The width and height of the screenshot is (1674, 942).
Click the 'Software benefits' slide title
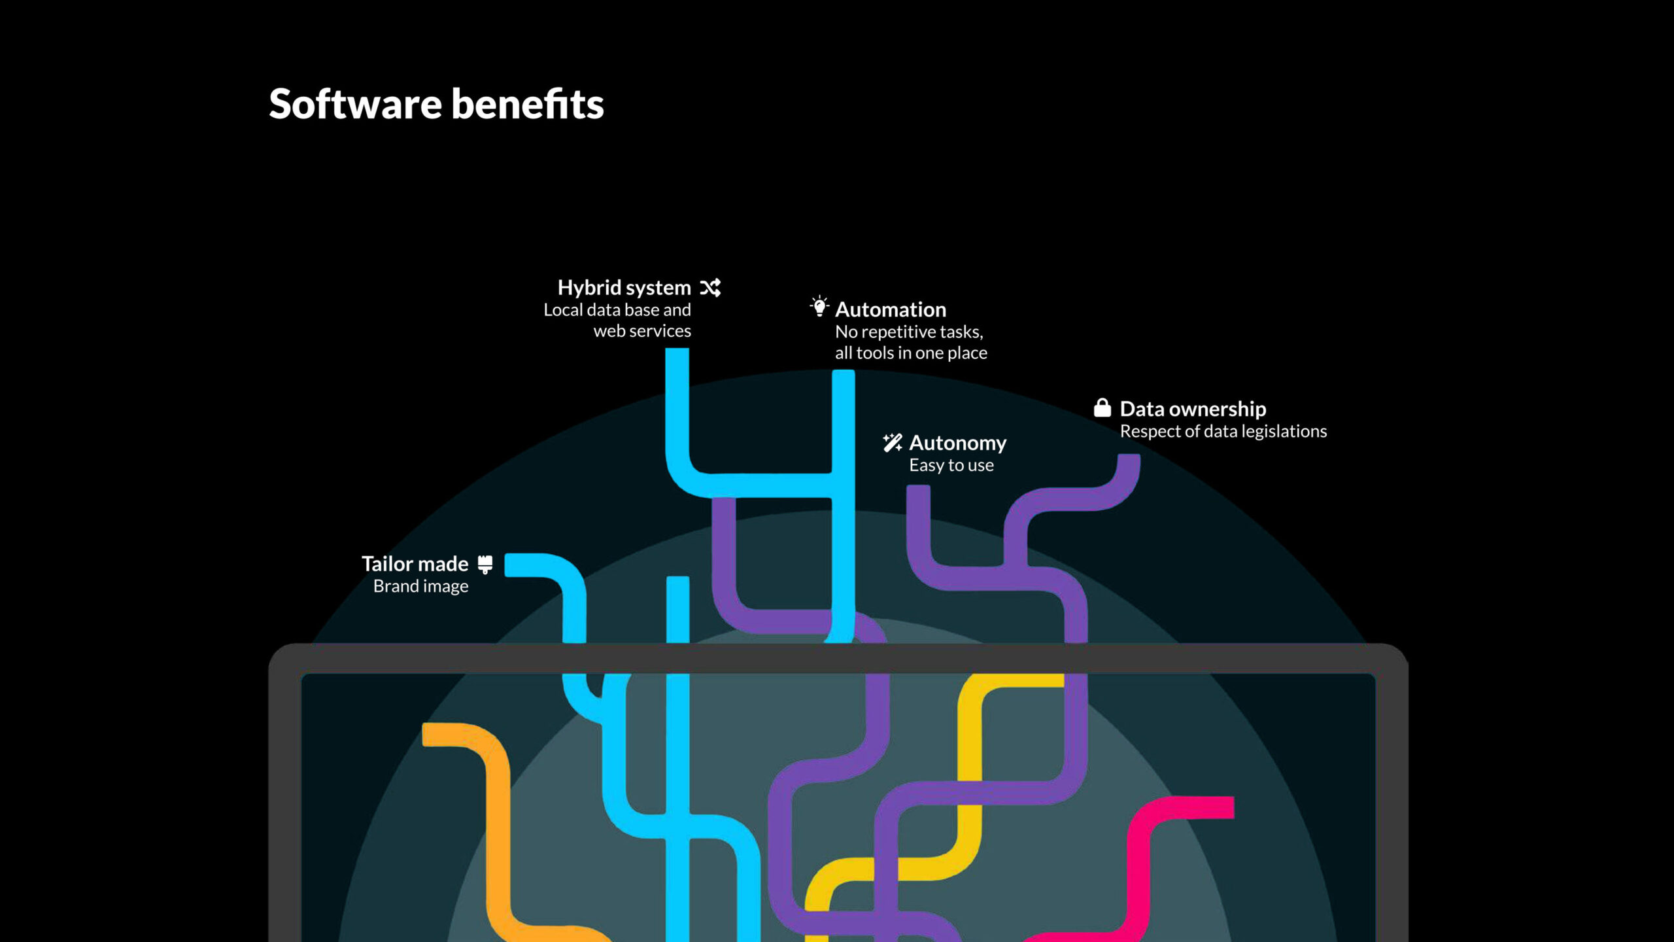point(436,104)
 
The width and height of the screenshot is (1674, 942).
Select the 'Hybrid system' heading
point(624,288)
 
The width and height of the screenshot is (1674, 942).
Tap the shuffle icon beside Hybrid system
point(710,288)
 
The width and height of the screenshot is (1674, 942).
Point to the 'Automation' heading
point(891,309)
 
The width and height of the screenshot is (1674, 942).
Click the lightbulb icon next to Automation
point(819,306)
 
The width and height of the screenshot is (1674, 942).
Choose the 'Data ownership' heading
point(1193,410)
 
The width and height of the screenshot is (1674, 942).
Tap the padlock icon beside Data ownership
point(1102,408)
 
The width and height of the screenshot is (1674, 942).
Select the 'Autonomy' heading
point(958,444)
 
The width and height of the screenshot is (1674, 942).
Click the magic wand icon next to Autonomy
point(893,443)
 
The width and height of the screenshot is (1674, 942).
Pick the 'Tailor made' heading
point(415,564)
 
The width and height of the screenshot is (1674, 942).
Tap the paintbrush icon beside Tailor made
point(485,564)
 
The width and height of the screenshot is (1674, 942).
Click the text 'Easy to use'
point(951,465)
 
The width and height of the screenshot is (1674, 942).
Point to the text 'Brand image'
point(420,586)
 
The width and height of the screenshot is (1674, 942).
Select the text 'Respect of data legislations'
point(1223,432)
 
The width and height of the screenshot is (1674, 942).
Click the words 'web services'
point(642,331)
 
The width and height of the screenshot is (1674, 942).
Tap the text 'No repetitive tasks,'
point(909,332)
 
